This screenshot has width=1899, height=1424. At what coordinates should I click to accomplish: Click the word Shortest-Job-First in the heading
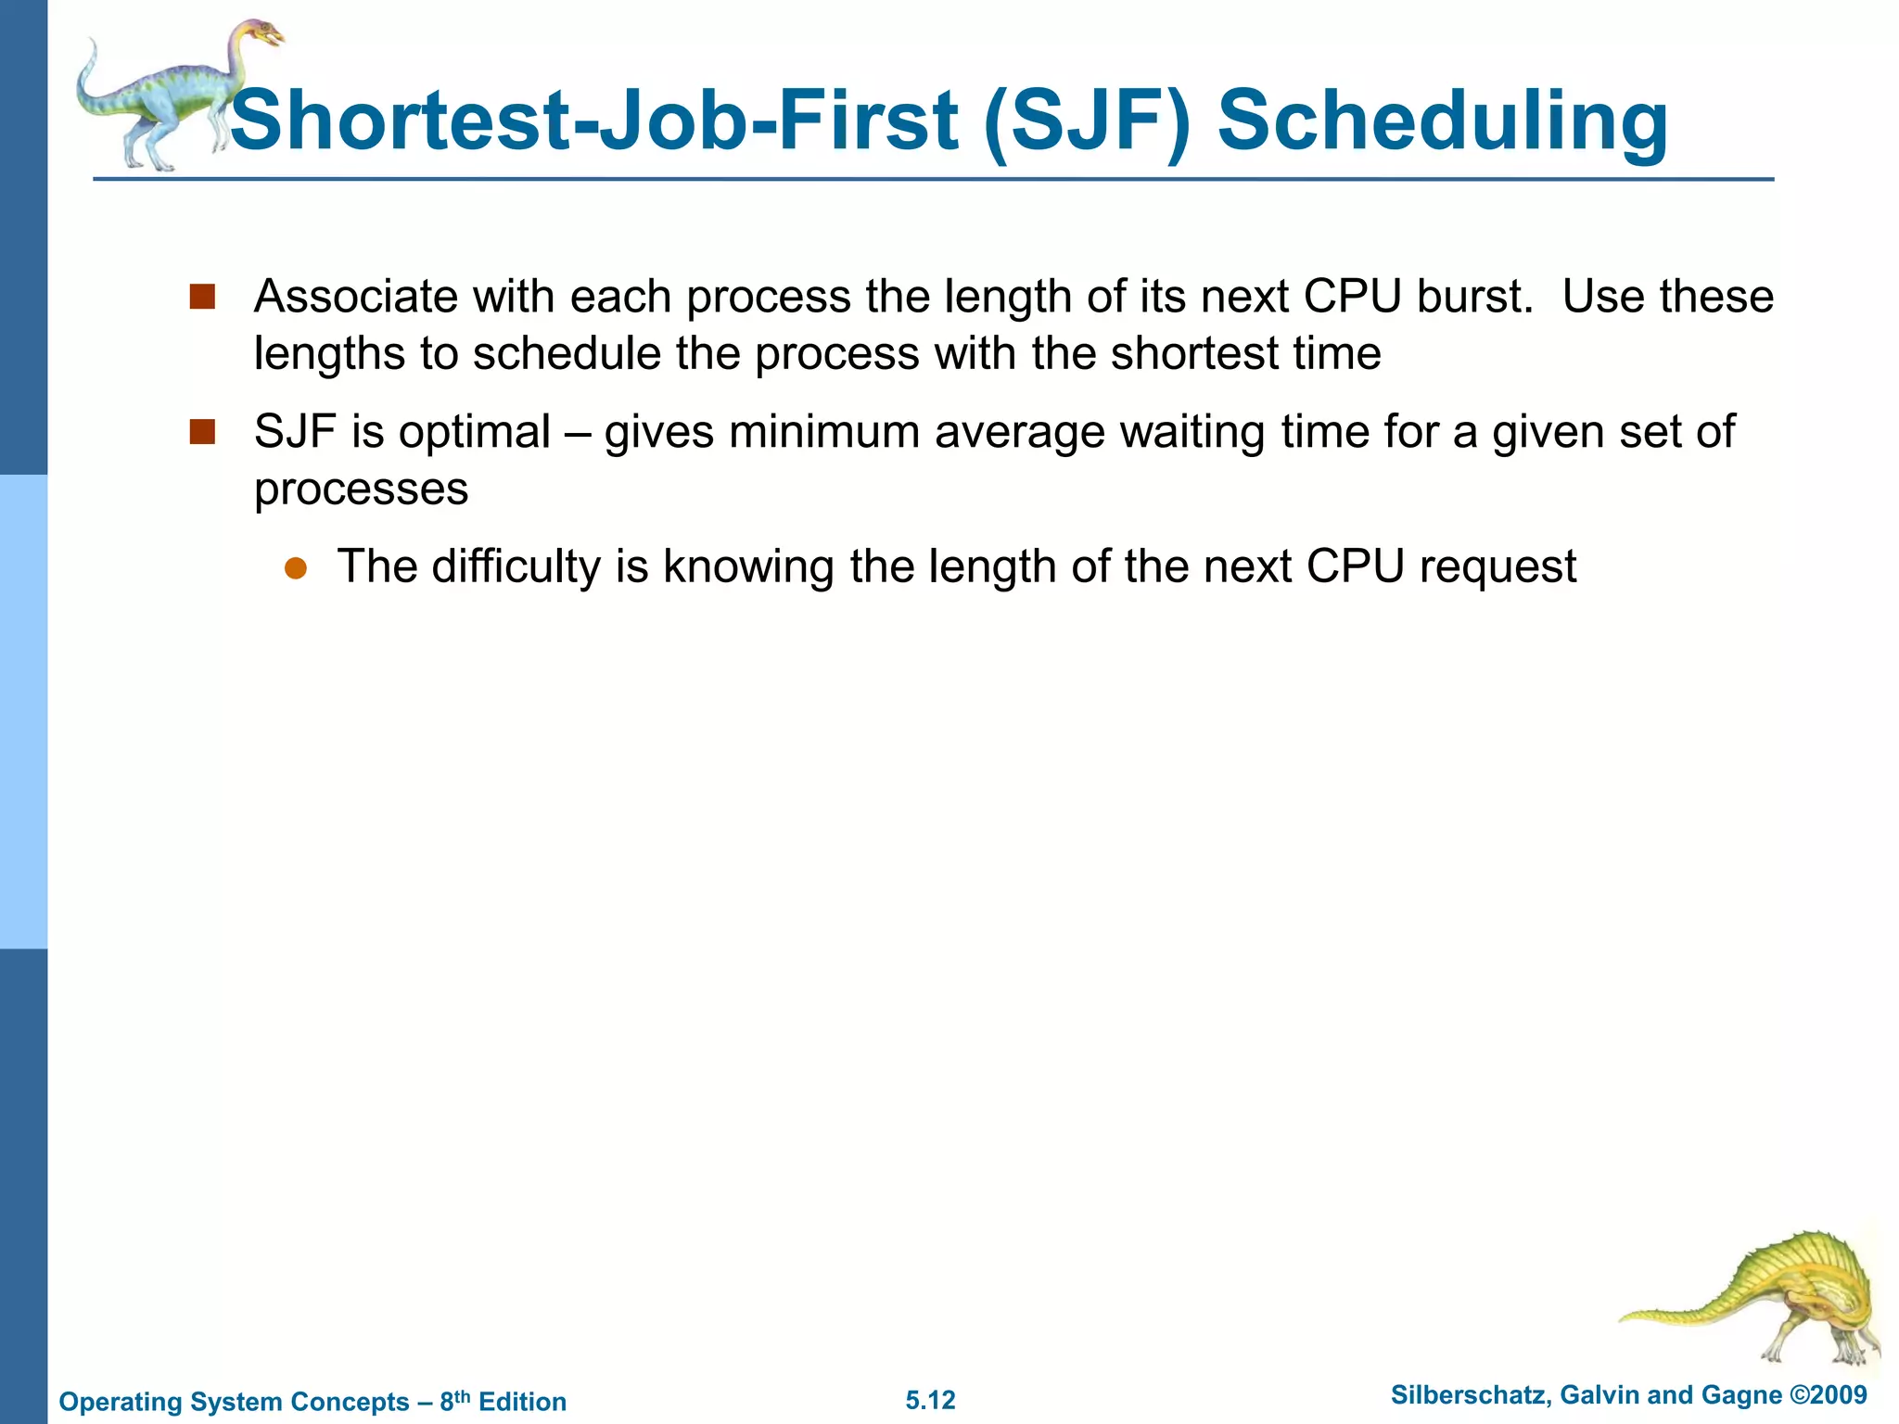tap(593, 121)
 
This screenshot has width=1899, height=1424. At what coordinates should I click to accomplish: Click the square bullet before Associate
tap(202, 297)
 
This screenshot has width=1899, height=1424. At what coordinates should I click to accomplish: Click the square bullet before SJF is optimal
tap(202, 432)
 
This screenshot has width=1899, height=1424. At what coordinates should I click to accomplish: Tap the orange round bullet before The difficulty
tap(295, 568)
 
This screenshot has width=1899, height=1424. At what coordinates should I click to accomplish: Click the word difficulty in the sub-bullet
tap(516, 567)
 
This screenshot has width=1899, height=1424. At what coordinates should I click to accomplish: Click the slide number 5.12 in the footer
tap(930, 1400)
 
